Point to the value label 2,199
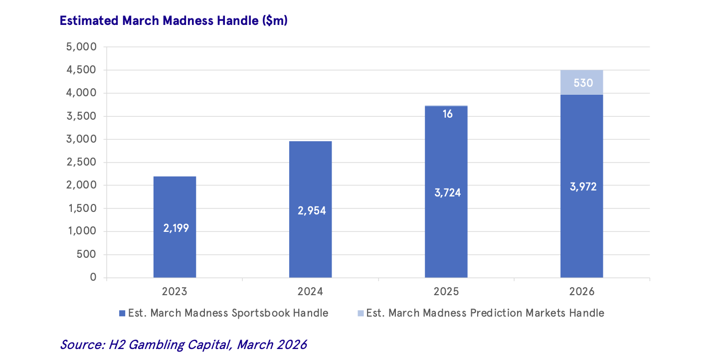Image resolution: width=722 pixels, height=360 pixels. point(176,228)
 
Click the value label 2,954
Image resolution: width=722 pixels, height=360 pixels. point(312,210)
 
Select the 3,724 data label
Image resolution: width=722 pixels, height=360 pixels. point(447,192)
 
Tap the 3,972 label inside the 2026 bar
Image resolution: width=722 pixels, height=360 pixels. point(583,187)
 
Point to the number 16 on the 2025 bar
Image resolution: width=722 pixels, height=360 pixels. point(447,114)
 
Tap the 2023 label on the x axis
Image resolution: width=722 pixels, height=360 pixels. point(174,292)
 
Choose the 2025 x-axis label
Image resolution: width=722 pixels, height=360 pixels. point(446,292)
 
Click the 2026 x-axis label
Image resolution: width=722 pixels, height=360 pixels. point(581,292)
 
